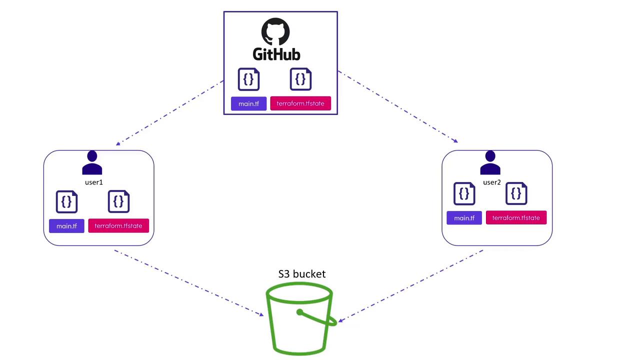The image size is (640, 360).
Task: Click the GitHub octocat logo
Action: coord(275,32)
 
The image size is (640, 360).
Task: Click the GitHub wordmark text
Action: coord(276,54)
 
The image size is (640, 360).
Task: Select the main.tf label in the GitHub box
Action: coord(248,103)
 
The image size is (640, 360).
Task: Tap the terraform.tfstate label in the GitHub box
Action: coord(300,103)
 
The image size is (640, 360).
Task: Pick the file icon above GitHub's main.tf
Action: coord(248,79)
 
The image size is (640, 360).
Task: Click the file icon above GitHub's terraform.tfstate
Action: coord(300,79)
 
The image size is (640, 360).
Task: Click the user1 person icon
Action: coord(92,163)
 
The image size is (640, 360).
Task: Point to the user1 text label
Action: coord(93,182)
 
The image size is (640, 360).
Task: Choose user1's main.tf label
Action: coord(66,226)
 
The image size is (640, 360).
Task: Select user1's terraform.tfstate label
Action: coord(118,226)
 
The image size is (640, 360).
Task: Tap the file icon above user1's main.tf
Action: coord(66,201)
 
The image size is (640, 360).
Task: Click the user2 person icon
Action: coord(490,163)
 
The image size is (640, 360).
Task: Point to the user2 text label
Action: coord(491,182)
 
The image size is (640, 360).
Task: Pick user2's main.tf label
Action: coord(464,218)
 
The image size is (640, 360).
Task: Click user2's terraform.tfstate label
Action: coord(516,218)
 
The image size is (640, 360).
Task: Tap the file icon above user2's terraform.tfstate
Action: coord(516,193)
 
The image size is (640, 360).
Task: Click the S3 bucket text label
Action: coord(302,274)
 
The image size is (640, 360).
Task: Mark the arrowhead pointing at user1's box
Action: coord(118,143)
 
